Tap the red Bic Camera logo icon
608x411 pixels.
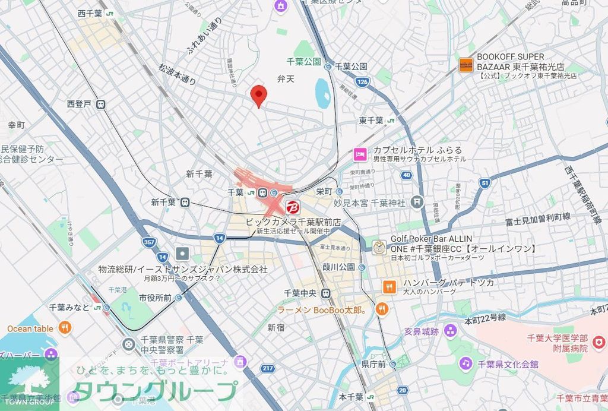tap(292, 208)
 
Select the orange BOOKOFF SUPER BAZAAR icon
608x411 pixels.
tap(466, 65)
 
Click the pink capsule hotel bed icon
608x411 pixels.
tap(360, 154)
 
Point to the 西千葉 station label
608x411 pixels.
tap(90, 13)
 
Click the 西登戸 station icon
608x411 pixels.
tap(101, 105)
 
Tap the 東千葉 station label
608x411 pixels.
tap(371, 121)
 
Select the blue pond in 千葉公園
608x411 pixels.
tap(322, 93)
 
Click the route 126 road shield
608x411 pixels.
tap(362, 81)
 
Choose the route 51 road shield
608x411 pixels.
tap(484, 184)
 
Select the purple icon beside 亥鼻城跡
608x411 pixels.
tap(451, 330)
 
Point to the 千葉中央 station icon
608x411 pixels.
tap(325, 293)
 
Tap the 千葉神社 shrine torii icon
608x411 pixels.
tap(417, 203)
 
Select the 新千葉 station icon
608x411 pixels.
tap(185, 202)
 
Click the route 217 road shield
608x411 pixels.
tap(268, 368)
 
